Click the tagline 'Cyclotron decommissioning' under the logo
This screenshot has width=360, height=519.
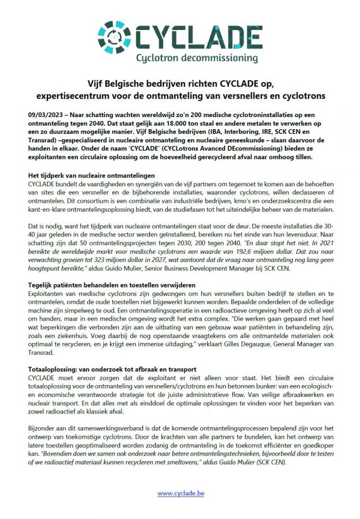tap(196, 58)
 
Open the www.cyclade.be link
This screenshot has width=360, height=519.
tap(180, 493)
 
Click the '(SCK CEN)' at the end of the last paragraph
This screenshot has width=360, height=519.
tap(298, 462)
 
